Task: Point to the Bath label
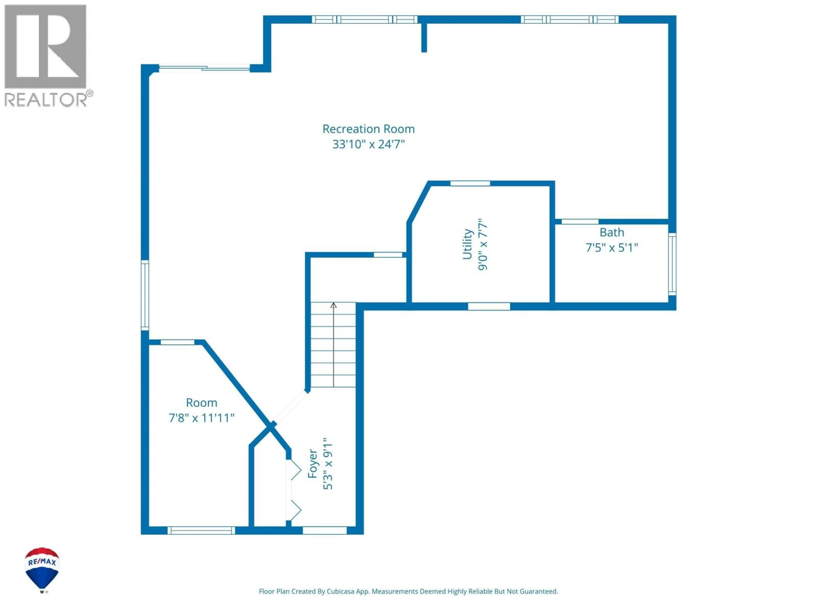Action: (612, 232)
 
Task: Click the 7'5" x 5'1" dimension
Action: (612, 248)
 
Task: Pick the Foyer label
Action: (313, 464)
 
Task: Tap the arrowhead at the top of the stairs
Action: (334, 305)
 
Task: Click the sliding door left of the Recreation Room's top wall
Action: (204, 68)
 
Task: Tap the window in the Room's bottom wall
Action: (201, 530)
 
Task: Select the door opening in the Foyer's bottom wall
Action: (325, 530)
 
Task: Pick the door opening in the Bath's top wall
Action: (580, 221)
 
